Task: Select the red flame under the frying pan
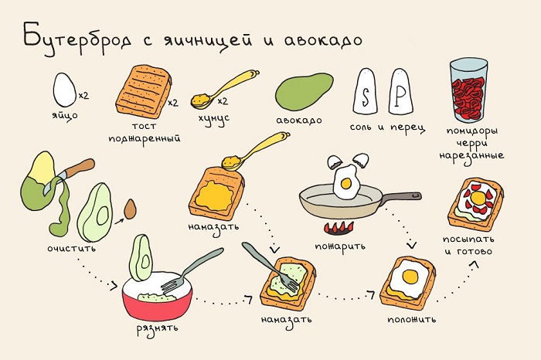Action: (339, 228)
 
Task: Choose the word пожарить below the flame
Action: (341, 248)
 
